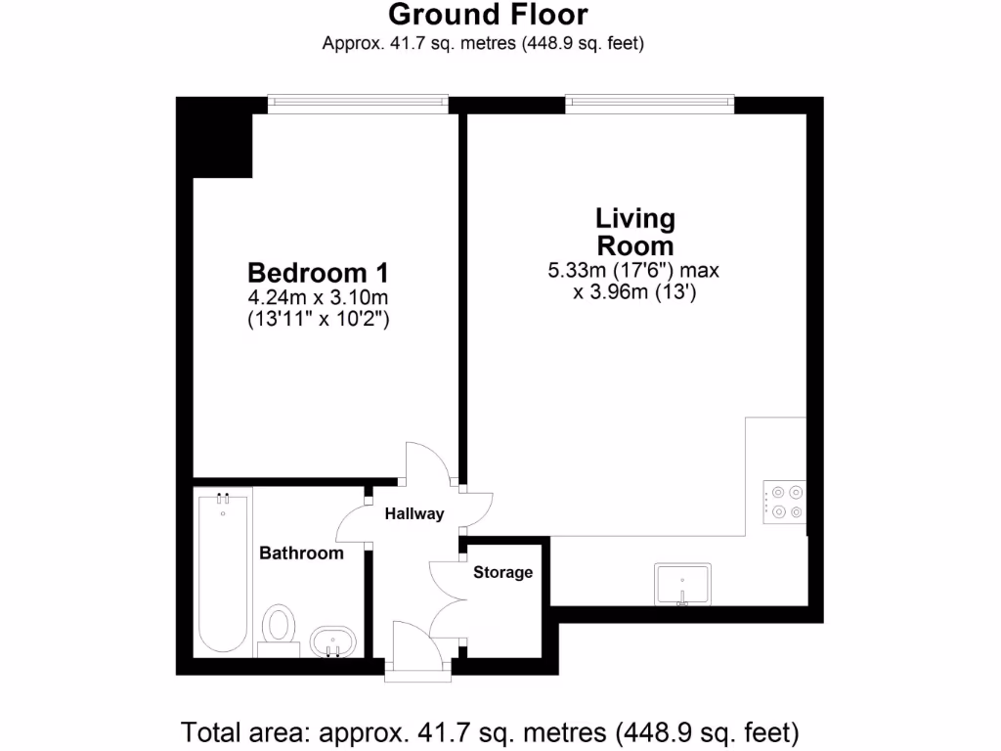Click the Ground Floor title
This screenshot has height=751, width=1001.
pyautogui.click(x=488, y=15)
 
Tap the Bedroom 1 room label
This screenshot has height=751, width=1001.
pyautogui.click(x=311, y=271)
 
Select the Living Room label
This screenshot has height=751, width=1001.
pyautogui.click(x=635, y=231)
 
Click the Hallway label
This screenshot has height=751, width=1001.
pyautogui.click(x=413, y=513)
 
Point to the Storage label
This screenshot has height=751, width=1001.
pyautogui.click(x=503, y=572)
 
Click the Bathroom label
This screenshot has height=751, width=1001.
pyautogui.click(x=301, y=553)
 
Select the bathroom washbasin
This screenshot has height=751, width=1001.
pyautogui.click(x=332, y=641)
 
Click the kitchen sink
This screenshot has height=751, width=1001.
pyautogui.click(x=683, y=584)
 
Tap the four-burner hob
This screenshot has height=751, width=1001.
pyautogui.click(x=786, y=501)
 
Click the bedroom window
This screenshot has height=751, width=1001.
pyautogui.click(x=358, y=101)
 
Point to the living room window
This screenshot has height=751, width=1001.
pyautogui.click(x=649, y=101)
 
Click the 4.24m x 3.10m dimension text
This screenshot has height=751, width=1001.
pyautogui.click(x=311, y=296)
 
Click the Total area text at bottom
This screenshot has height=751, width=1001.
pyautogui.click(x=490, y=731)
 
